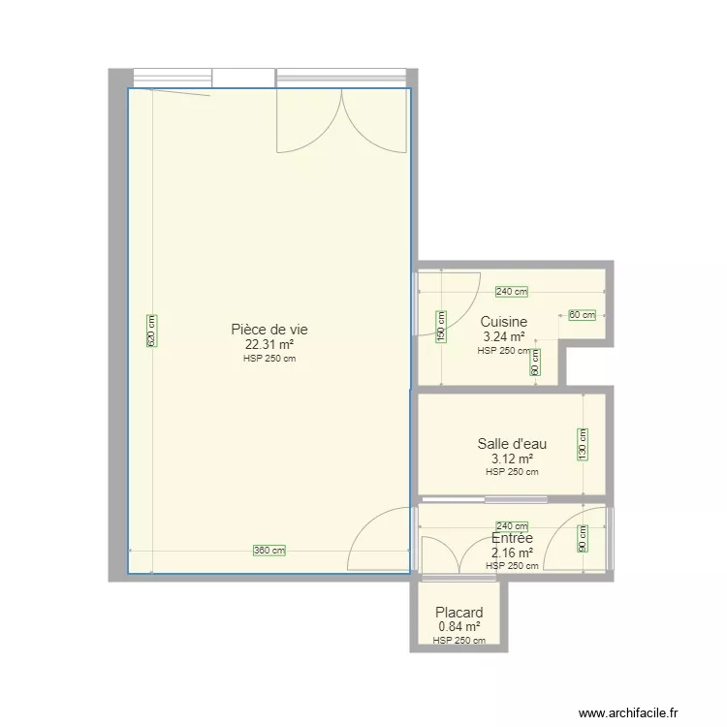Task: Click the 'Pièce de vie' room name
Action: (269, 329)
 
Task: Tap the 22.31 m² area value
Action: (269, 343)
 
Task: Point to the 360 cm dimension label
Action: (269, 551)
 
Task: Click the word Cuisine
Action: (504, 322)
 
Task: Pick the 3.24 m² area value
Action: (504, 337)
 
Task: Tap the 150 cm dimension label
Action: (440, 327)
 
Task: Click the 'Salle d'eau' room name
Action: (512, 444)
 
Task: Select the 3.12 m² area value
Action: (512, 459)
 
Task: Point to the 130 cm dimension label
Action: (583, 446)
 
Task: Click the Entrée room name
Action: (512, 538)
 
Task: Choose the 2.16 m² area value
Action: (512, 553)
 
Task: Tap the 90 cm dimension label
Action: (583, 538)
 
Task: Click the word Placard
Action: (459, 613)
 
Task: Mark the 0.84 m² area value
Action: (459, 627)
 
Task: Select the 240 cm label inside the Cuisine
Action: (512, 292)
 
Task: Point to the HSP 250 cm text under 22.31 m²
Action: (269, 358)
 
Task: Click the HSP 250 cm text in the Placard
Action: (459, 641)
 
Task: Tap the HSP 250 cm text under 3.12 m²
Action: (512, 472)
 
